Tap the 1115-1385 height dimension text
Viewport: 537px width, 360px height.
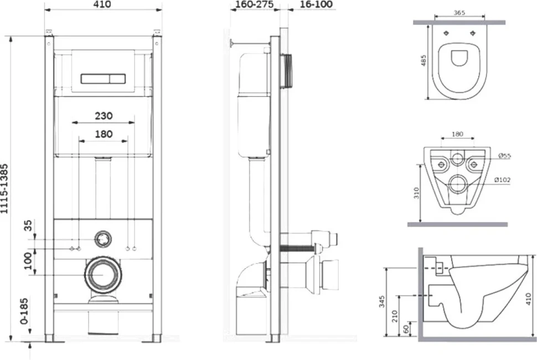click(x=4, y=189)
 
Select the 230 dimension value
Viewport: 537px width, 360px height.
click(x=104, y=116)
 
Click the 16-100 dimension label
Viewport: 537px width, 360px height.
click(x=316, y=4)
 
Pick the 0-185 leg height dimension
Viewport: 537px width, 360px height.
click(x=24, y=311)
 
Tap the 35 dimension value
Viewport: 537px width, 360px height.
click(x=28, y=226)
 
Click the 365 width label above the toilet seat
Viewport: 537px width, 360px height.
click(x=459, y=13)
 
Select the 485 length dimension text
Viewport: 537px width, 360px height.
click(x=424, y=60)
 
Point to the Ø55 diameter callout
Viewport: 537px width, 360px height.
click(x=504, y=156)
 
